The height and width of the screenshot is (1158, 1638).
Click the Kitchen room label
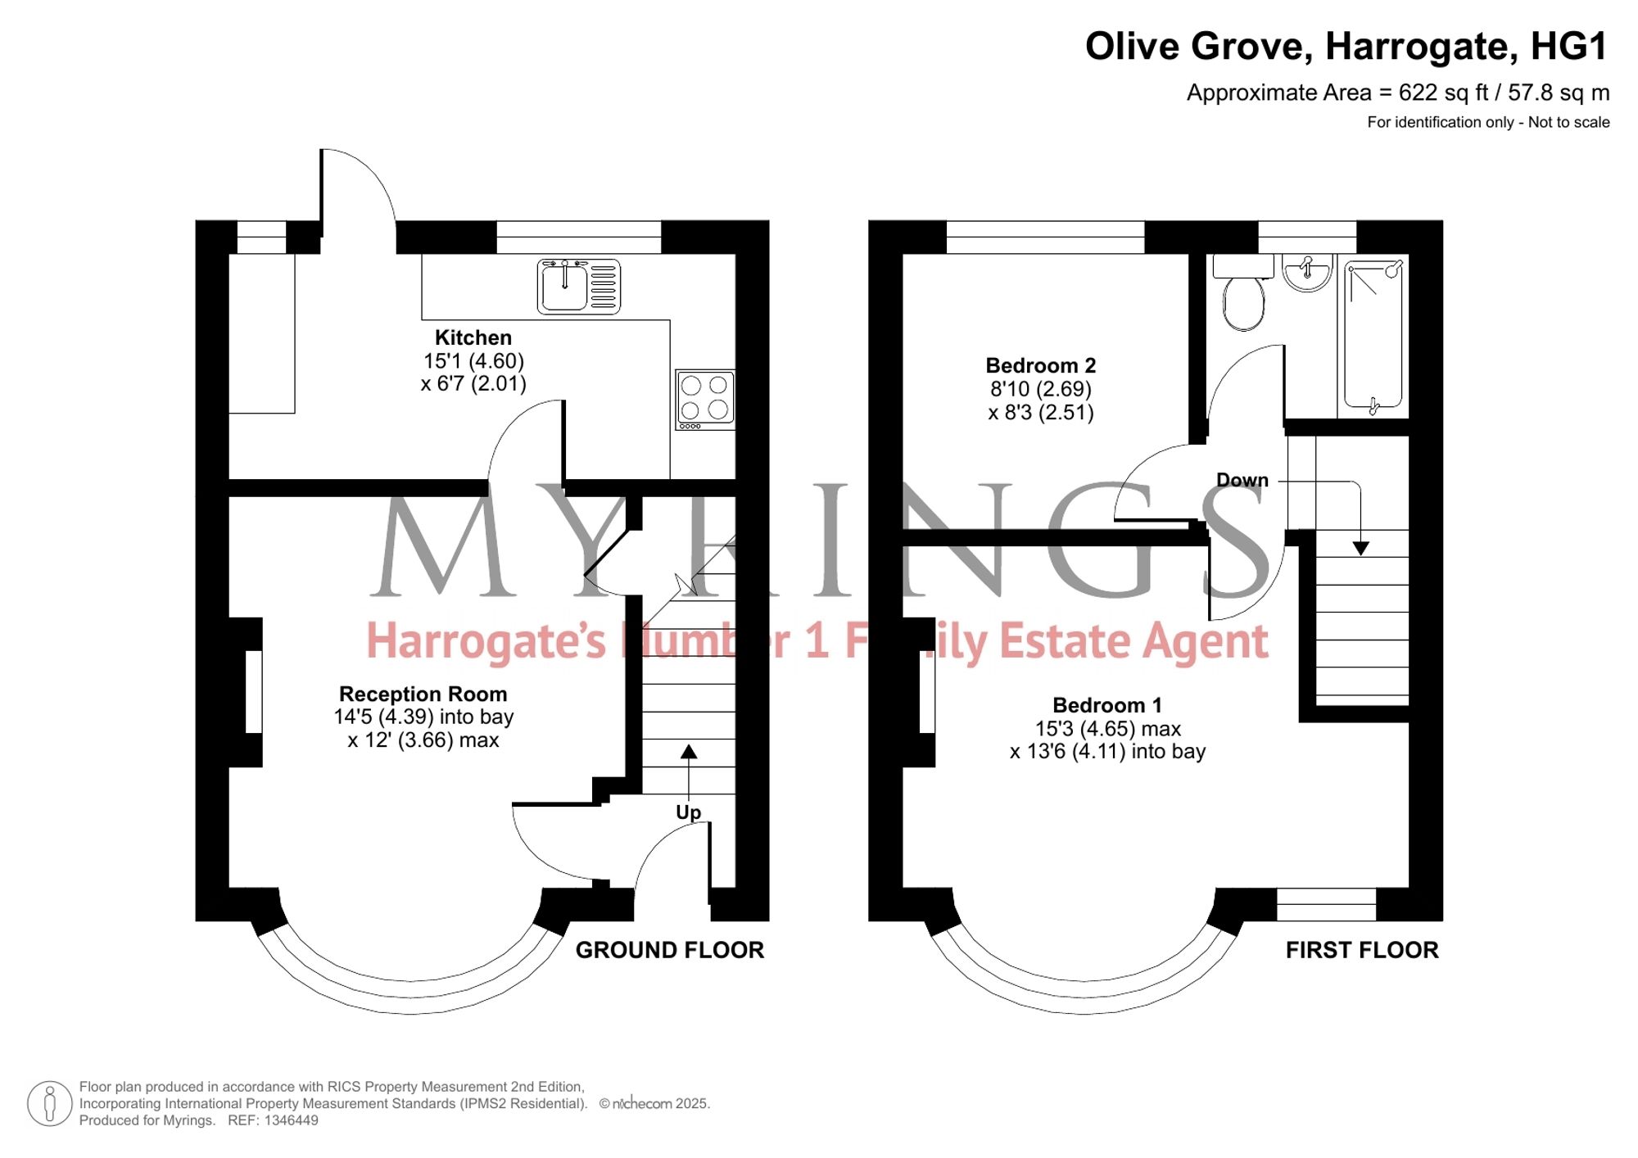point(473,337)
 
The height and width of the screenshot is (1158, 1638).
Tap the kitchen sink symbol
point(578,287)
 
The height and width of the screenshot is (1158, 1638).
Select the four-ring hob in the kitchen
point(705,400)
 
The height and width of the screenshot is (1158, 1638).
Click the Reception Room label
point(423,694)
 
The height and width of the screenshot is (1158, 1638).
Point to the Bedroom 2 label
point(1040,365)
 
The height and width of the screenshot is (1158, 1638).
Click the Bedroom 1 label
point(1107,705)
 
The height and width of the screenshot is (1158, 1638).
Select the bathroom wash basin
point(1307,273)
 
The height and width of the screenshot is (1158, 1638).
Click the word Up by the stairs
point(688,812)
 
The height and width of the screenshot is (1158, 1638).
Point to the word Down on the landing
point(1242,480)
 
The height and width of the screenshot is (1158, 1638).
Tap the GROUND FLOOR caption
point(669,950)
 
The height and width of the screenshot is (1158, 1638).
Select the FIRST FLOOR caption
point(1362,950)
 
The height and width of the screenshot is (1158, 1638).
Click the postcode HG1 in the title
point(1568,47)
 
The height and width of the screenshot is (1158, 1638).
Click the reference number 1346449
point(291,1120)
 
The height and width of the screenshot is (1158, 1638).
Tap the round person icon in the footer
point(50,1103)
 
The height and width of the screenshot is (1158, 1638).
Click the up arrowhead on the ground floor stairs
point(689,751)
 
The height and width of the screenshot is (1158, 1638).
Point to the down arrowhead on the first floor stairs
point(1360,549)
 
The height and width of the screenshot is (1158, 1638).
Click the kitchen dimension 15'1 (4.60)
point(473,361)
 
